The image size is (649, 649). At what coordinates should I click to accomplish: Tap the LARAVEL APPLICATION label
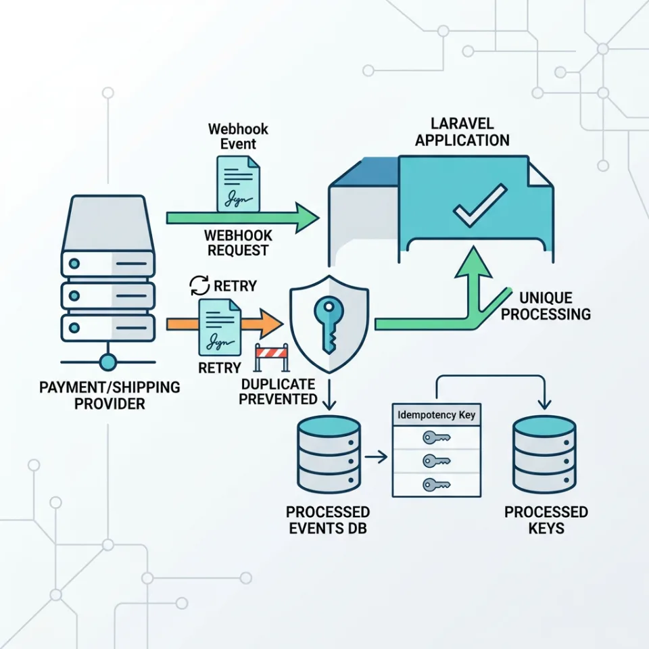[462, 133]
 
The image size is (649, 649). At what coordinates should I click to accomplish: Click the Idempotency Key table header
[436, 415]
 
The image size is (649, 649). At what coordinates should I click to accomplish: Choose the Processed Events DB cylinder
[329, 454]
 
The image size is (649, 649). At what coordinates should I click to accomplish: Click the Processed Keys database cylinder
[544, 454]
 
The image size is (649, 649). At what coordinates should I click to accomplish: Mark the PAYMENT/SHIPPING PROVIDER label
[110, 395]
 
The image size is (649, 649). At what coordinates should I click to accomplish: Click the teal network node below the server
[108, 362]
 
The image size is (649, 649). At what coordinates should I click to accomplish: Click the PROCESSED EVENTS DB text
[328, 520]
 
